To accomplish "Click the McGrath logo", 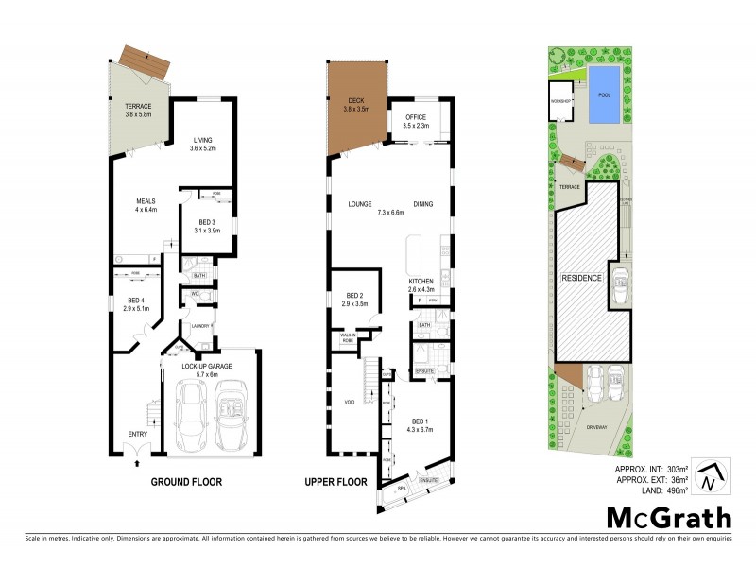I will (668, 517).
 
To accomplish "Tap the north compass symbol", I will (709, 476).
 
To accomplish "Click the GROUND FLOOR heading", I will (186, 482).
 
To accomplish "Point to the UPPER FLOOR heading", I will (335, 482).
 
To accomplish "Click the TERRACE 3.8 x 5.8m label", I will (139, 110).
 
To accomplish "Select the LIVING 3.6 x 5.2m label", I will (203, 144).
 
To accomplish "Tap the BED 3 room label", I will (206, 226).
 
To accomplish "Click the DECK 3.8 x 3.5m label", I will (357, 104).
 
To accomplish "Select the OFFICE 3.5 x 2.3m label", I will (416, 121).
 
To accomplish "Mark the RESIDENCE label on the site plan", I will (582, 279).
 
